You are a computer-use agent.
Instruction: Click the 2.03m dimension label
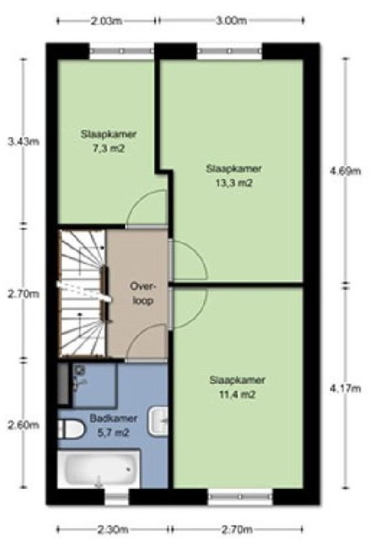pos(106,21)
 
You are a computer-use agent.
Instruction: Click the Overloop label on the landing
pos(141,293)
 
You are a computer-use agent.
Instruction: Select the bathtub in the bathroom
pos(99,469)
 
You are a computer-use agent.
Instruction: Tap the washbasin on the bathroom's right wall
pos(159,420)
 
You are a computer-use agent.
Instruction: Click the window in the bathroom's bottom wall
pos(117,496)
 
